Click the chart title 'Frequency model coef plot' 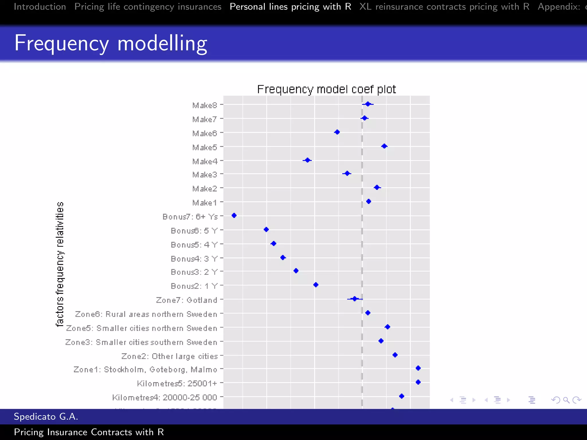coord(326,89)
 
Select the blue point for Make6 coord(337,132)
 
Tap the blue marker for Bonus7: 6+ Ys coord(234,215)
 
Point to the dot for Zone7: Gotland coord(355,299)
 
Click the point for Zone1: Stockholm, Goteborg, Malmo coord(418,368)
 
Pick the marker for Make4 coord(307,160)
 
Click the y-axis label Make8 coord(205,105)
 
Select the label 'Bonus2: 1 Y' coord(194,286)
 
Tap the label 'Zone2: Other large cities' coord(169,356)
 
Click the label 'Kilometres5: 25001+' coord(177,383)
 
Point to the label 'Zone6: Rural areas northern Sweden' coord(146,314)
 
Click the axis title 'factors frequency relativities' coord(60,264)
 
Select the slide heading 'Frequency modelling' coord(111,43)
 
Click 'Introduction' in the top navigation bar coord(40,7)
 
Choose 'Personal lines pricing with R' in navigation coord(290,7)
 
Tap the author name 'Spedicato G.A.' coord(46,416)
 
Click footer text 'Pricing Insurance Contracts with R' coord(89,432)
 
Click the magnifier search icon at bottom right coord(566,400)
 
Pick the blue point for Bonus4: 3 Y coord(283,258)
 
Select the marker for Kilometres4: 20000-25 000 coord(402,396)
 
